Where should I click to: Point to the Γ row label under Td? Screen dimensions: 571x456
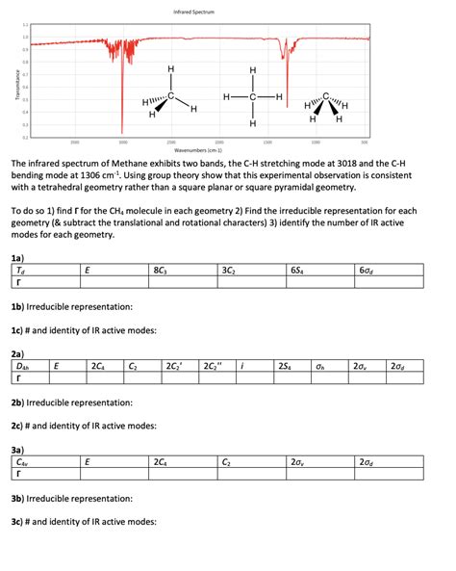tap(15, 283)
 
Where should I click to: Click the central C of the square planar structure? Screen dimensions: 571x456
tap(252, 97)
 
